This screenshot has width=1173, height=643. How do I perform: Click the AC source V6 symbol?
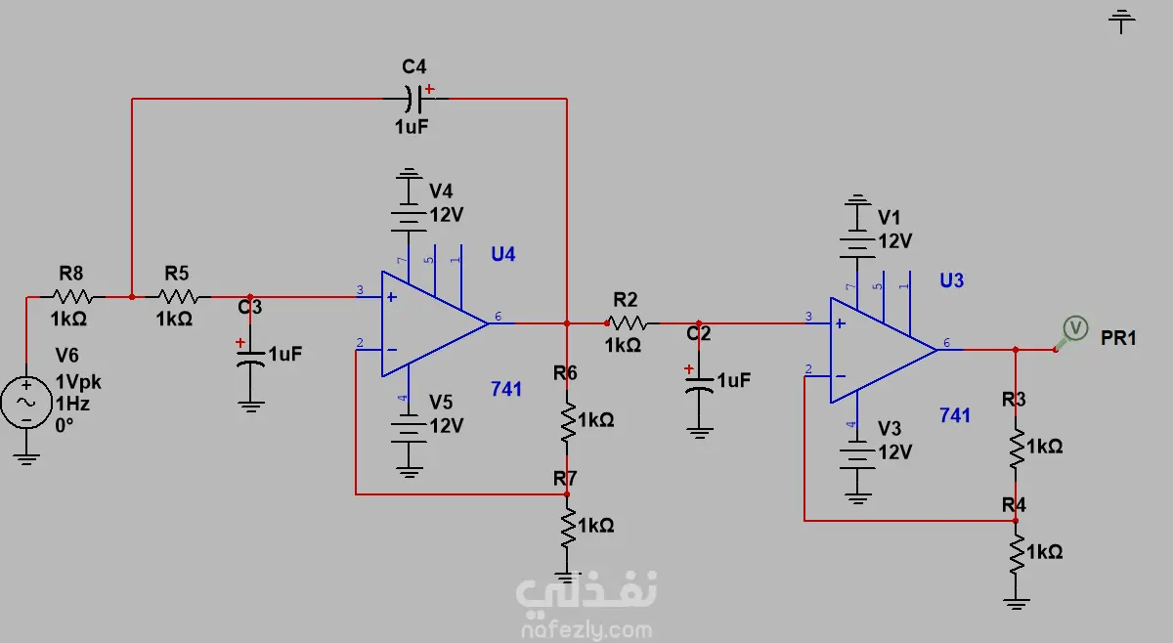click(26, 403)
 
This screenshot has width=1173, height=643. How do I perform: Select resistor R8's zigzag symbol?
click(72, 296)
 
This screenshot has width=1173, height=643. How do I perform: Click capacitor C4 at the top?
click(414, 98)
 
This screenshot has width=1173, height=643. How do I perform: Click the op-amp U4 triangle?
click(430, 322)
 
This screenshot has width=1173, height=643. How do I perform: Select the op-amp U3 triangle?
click(880, 350)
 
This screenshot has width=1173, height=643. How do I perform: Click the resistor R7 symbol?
click(567, 528)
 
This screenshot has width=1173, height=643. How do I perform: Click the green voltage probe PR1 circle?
click(1075, 328)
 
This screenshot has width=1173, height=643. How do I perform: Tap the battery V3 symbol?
click(857, 453)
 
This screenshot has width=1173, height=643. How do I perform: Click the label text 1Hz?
click(72, 403)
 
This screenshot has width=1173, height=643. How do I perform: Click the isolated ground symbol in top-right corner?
click(1121, 20)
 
